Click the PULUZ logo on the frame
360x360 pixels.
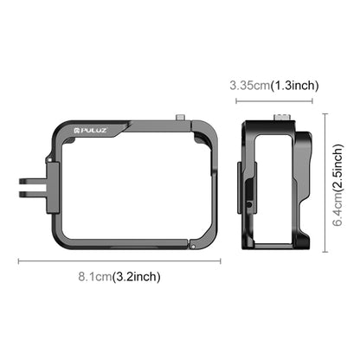click(91, 131)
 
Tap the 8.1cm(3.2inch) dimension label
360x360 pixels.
click(119, 277)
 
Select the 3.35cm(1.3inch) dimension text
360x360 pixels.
click(274, 86)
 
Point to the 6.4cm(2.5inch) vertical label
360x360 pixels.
click(338, 185)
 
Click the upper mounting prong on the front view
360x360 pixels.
click(33, 182)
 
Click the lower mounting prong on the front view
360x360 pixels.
click(33, 194)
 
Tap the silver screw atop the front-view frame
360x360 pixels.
click(181, 118)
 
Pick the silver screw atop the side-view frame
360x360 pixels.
click(280, 118)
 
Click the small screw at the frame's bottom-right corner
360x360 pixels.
click(193, 247)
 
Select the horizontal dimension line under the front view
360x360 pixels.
click(119, 261)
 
